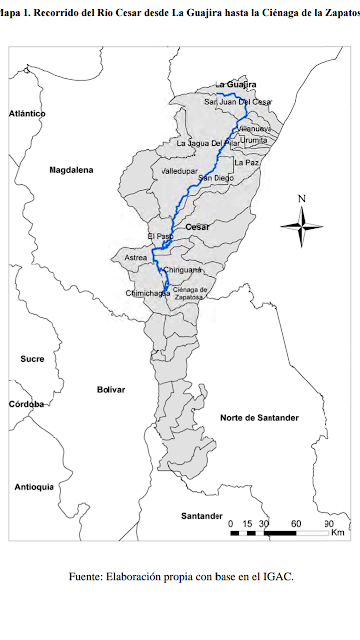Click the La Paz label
[x=245, y=162]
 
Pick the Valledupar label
[x=181, y=172]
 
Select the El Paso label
[x=160, y=236]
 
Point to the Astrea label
[x=135, y=257]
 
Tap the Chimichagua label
[x=144, y=293]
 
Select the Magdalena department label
[x=71, y=171]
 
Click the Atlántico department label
[x=27, y=114]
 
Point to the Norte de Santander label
[x=259, y=416]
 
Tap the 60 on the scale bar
[x=296, y=523]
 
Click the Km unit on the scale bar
[x=337, y=534]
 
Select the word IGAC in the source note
[x=276, y=577]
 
